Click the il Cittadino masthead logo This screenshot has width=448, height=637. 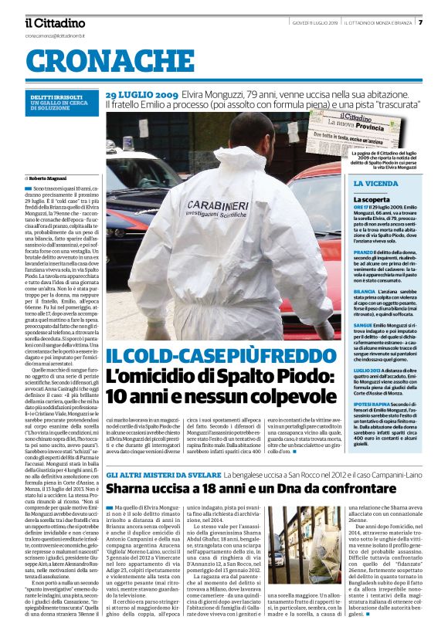(x=54, y=23)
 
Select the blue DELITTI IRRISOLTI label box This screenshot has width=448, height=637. (x=61, y=103)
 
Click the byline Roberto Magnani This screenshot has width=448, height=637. (x=50, y=179)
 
